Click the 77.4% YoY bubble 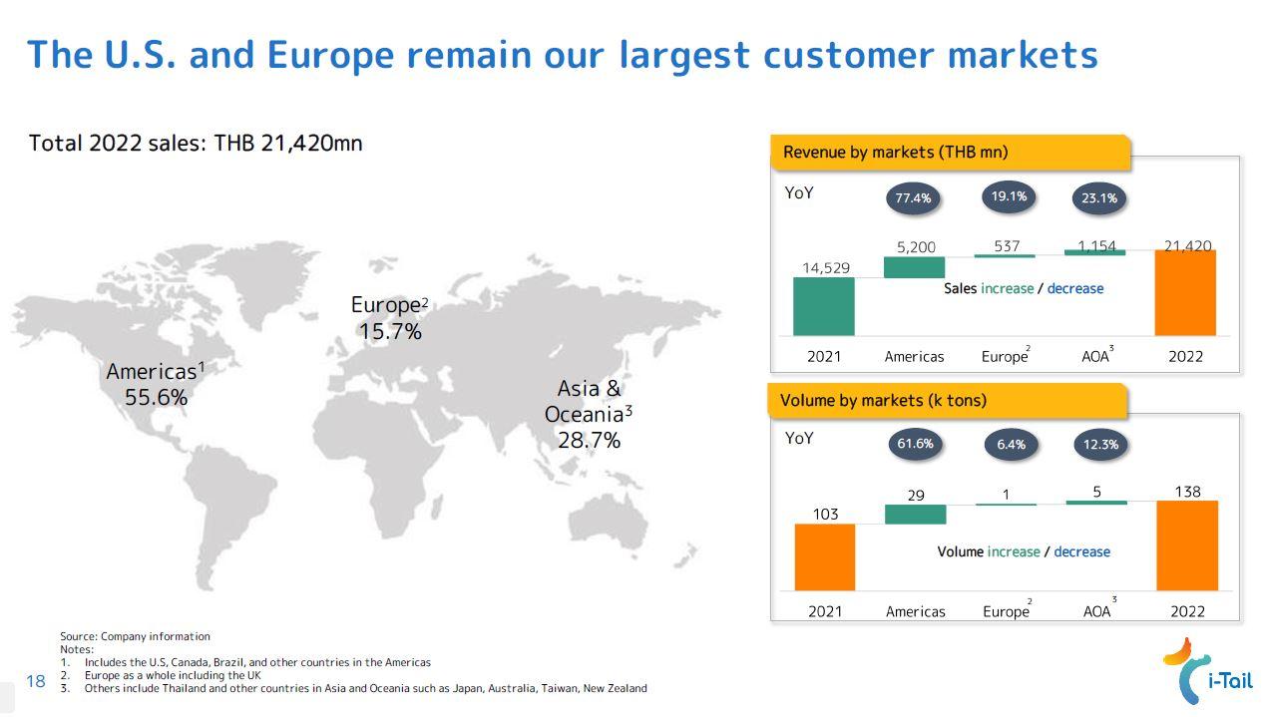coord(913,197)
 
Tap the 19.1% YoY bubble coord(1009,196)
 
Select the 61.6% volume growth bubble coord(915,444)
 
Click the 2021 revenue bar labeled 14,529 coord(824,306)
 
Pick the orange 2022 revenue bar coord(1185,292)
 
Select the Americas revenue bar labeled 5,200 coord(914,267)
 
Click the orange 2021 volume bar coord(825,556)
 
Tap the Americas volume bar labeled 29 coord(915,514)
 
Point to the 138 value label coord(1187,492)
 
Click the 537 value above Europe coord(1007,245)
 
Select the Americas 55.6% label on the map coord(156,384)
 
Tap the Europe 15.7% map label coord(390,318)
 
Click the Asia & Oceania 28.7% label coord(589,414)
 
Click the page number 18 coord(36,681)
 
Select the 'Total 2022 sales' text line coord(196,143)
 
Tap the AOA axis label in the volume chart coord(1097,611)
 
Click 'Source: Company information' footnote coord(135,636)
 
